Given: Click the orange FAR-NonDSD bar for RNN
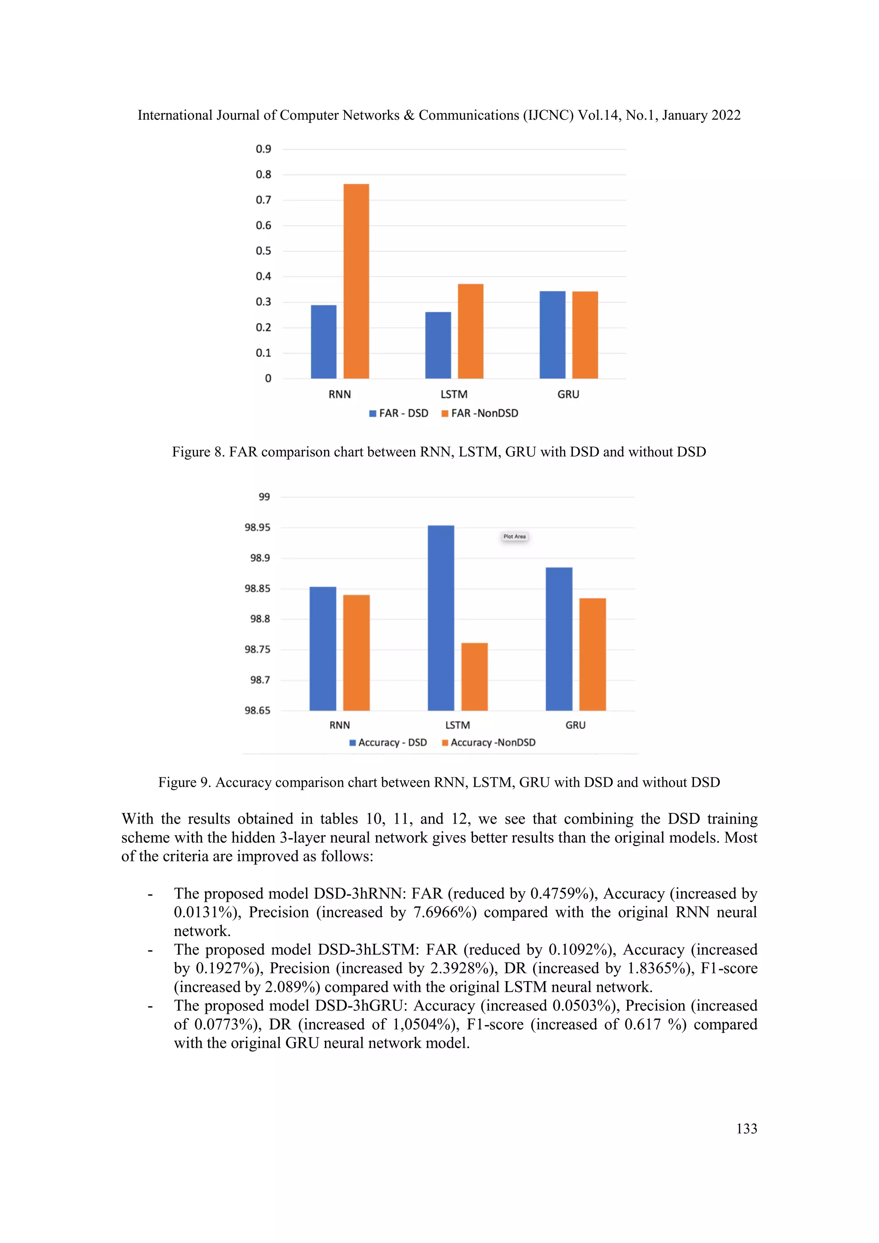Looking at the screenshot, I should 356,282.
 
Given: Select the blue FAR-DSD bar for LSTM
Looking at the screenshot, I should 438,346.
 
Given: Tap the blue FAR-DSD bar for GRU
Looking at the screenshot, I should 552,334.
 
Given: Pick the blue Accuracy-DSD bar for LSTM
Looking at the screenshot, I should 441,618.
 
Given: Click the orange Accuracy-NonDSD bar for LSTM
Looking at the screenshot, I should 474,677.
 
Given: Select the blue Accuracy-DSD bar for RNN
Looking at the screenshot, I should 323,649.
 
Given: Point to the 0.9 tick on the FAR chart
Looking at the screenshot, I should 264,149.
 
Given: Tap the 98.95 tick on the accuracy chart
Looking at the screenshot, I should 257,528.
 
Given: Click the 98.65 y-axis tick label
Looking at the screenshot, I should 257,710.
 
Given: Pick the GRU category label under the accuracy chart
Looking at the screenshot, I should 576,725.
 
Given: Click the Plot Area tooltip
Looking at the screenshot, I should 514,537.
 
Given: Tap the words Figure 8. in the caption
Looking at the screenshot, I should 198,452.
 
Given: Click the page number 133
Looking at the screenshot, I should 746,1129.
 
